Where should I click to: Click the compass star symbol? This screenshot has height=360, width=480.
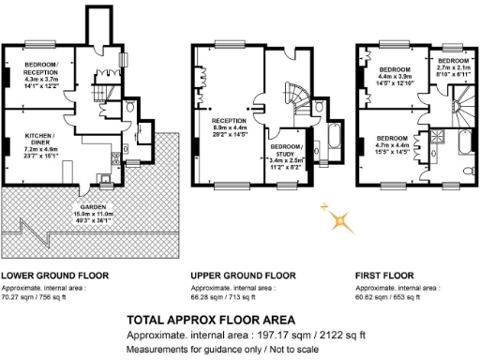click(340, 219)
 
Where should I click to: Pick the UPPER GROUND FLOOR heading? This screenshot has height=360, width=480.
click(242, 276)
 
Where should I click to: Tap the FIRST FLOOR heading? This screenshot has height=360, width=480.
click(386, 276)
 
